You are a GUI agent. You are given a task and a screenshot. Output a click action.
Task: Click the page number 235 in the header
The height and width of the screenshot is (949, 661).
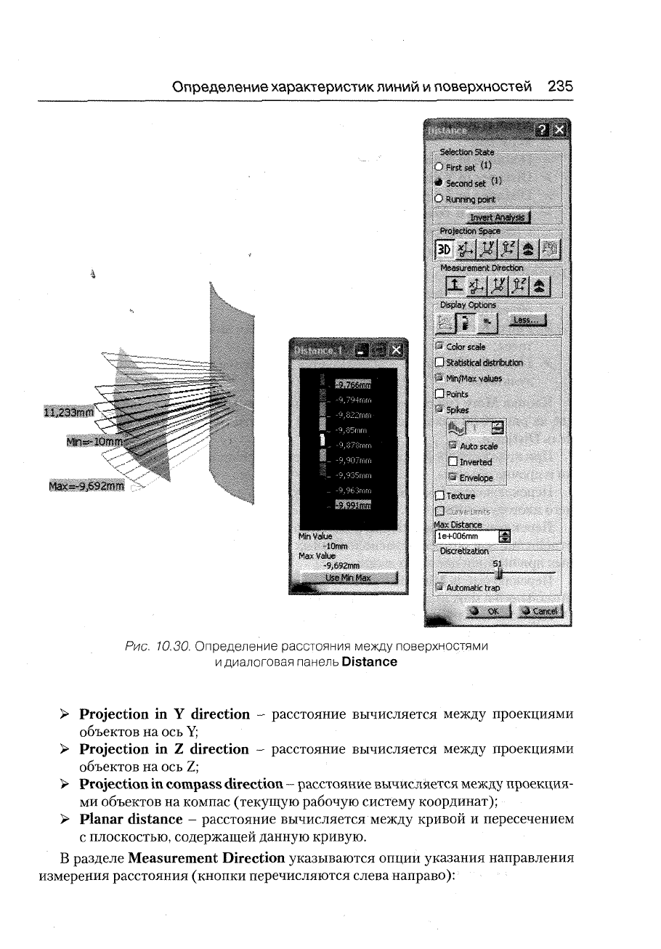[x=561, y=86]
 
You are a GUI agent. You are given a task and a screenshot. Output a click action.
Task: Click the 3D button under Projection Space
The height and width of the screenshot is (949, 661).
[x=444, y=250]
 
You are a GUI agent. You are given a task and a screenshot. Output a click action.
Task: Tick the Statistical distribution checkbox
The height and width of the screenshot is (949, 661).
[x=439, y=363]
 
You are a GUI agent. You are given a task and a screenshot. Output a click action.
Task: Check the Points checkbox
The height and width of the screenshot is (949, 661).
[x=439, y=394]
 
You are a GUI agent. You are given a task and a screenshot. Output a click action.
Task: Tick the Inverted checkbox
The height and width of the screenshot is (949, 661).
[x=453, y=462]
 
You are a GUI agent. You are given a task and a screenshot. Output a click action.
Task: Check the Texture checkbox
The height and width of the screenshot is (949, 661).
[x=439, y=496]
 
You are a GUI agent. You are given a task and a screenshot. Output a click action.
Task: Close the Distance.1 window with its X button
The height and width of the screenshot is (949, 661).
[x=395, y=351]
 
